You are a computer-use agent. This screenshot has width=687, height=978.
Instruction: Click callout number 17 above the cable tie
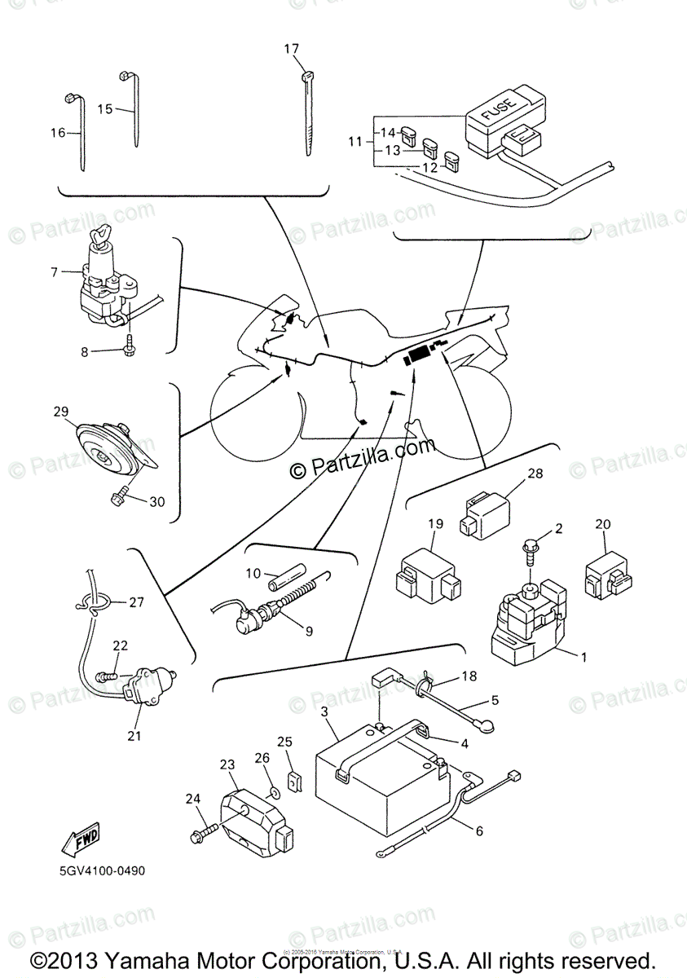(291, 50)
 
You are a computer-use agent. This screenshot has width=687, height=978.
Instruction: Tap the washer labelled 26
(274, 790)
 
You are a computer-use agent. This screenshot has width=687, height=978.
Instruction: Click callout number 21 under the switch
(134, 736)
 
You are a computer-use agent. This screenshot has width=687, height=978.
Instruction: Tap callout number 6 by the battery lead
(479, 830)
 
